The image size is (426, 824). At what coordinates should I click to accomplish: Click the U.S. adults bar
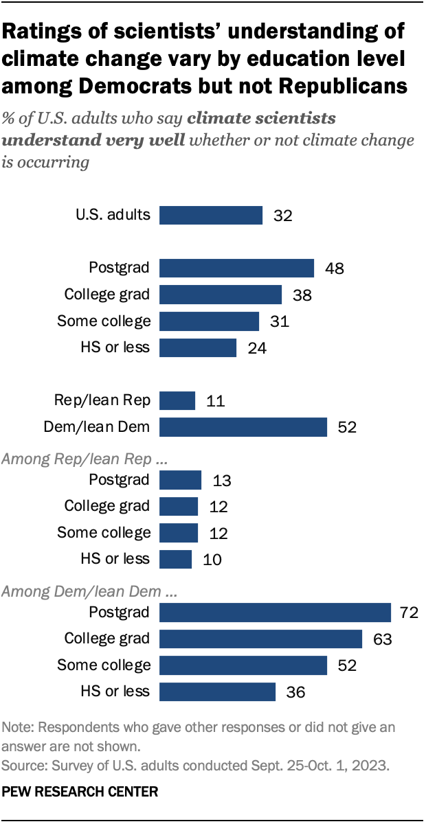tap(211, 215)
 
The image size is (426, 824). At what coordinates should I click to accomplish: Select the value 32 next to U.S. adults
tap(282, 216)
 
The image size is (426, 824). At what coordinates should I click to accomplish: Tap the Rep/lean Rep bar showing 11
tap(177, 400)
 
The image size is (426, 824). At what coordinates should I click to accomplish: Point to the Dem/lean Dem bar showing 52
tap(243, 427)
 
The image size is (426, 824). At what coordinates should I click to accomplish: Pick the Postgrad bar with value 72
tap(275, 612)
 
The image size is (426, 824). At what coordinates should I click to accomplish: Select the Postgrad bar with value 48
tap(236, 268)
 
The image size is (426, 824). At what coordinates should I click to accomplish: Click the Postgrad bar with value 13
tap(180, 480)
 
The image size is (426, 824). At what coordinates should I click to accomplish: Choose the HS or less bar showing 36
tap(217, 691)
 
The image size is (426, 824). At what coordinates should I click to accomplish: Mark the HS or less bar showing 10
tap(175, 559)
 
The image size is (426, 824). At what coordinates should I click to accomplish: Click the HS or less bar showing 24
tap(198, 347)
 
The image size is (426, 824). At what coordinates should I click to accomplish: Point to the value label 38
tap(302, 295)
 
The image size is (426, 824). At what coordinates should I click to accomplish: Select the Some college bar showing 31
tap(209, 321)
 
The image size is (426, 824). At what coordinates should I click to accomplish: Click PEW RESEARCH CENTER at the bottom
tap(80, 791)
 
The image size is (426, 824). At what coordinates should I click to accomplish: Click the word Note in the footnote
tap(16, 726)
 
